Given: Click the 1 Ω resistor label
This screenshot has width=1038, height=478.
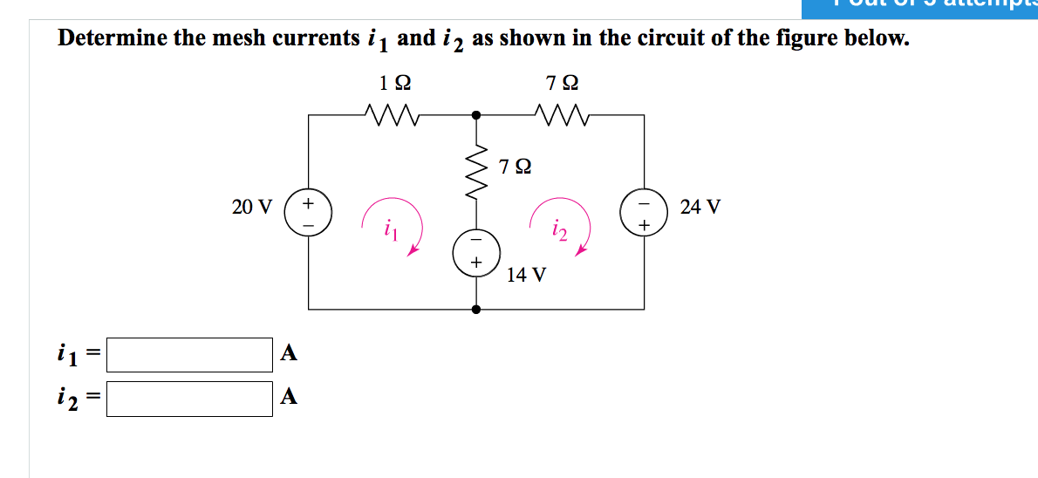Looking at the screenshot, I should coord(396,84).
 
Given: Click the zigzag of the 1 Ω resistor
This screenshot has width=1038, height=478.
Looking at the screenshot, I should coord(392,114).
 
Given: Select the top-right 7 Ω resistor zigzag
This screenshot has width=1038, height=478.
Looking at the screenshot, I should coord(561,114).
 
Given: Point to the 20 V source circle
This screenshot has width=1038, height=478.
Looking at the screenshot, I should coord(308,213).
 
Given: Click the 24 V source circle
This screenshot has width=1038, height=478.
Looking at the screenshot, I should coord(645,213).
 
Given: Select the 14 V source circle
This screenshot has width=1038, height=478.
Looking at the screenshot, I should coord(476,249).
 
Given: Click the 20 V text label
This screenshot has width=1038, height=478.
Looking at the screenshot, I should coord(252,208).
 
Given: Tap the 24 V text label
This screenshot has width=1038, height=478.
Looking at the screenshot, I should coord(700,208).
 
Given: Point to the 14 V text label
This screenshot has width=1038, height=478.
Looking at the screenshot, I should coord(527,275).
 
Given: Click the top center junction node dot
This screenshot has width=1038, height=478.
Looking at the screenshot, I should coord(476,114).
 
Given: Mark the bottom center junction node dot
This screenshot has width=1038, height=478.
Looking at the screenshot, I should coord(476,309).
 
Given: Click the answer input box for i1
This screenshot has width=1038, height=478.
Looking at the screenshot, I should coord(189,354).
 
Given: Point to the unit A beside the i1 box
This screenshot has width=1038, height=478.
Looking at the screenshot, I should coord(290,353).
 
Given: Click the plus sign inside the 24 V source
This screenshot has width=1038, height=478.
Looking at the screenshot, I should coord(645,226).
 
